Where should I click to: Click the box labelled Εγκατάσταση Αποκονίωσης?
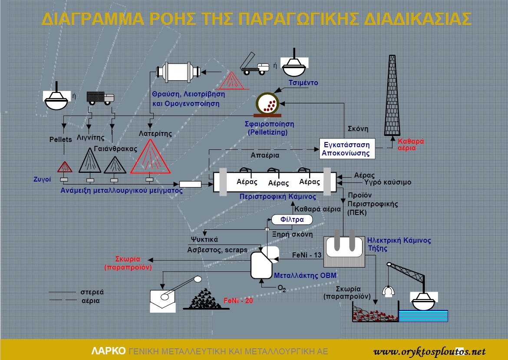(x=347, y=149)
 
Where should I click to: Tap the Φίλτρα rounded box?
(x=292, y=220)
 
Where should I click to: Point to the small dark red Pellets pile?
(x=65, y=167)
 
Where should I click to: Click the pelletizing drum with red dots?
(x=267, y=104)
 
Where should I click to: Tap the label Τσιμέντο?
(x=303, y=83)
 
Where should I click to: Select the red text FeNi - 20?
(x=238, y=301)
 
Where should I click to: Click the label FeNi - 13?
(x=307, y=255)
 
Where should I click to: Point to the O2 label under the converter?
(x=282, y=288)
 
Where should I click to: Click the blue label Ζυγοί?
(x=42, y=179)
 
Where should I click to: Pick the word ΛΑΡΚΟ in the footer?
(x=109, y=351)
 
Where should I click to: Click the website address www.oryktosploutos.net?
(x=429, y=352)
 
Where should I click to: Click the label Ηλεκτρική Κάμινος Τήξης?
(x=399, y=244)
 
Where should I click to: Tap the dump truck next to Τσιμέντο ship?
(x=254, y=64)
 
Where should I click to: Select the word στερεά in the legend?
(x=92, y=292)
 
